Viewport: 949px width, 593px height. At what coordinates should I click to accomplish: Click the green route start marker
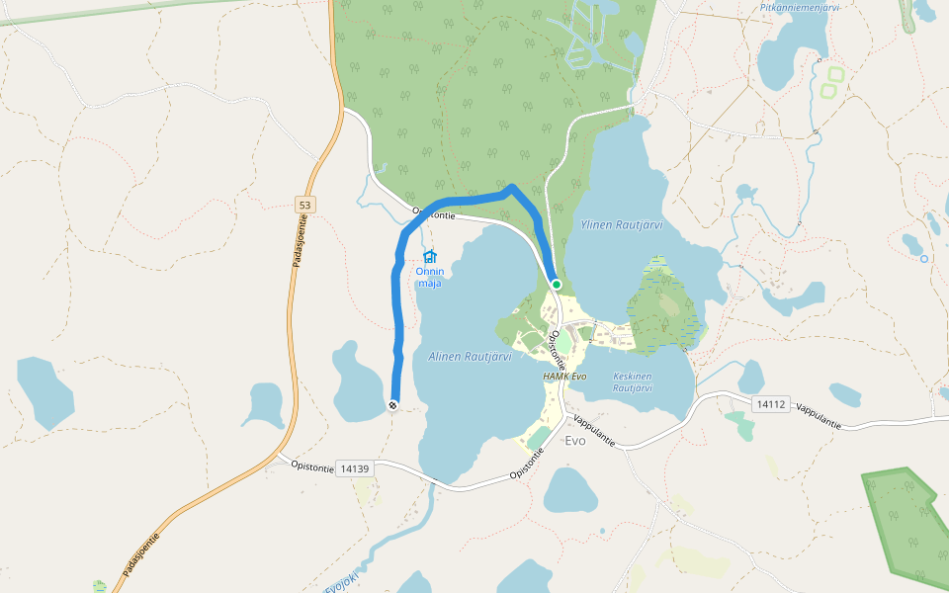point(557,285)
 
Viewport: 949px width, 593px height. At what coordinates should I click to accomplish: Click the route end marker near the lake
point(393,404)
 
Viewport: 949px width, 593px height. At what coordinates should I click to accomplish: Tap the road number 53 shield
point(304,205)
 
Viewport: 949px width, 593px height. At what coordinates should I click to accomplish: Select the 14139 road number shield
point(353,467)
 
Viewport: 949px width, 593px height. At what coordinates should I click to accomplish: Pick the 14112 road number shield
point(770,404)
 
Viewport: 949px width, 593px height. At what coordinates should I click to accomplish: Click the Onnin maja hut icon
point(429,257)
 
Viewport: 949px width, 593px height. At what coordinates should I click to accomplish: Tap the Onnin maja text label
point(429,277)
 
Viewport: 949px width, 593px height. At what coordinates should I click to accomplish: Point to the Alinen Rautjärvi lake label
point(470,357)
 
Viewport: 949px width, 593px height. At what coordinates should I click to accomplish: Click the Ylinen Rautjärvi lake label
point(621,224)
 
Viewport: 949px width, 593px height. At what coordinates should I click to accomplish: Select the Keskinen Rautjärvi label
point(633,381)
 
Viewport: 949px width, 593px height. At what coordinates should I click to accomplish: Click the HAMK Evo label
point(564,377)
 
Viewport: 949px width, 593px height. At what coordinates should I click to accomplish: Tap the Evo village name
point(574,441)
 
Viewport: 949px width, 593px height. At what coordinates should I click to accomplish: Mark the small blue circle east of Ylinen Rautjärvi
point(923,259)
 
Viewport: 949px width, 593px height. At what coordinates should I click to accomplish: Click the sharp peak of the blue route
point(511,187)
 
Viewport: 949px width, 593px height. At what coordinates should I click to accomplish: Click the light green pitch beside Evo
point(539,436)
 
